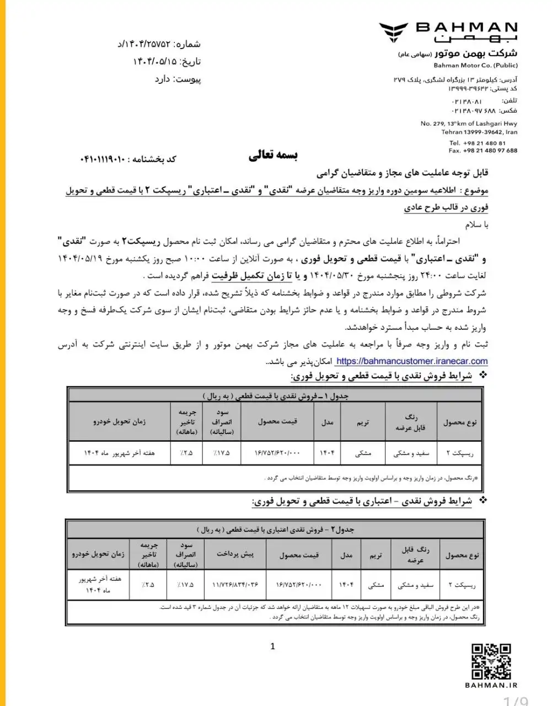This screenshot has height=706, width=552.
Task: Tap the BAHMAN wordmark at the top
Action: [x=465, y=28]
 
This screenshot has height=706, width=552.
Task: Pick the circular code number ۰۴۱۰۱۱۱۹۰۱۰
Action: [x=103, y=159]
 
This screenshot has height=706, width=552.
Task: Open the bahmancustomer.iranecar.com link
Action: [x=411, y=361]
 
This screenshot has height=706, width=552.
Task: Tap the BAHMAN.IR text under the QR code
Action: [x=492, y=686]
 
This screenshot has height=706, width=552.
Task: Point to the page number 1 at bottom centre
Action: [x=273, y=646]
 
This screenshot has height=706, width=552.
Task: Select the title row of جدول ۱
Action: [x=275, y=395]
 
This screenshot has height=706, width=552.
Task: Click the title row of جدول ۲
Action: [x=275, y=529]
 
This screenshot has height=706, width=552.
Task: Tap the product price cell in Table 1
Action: [x=277, y=453]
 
